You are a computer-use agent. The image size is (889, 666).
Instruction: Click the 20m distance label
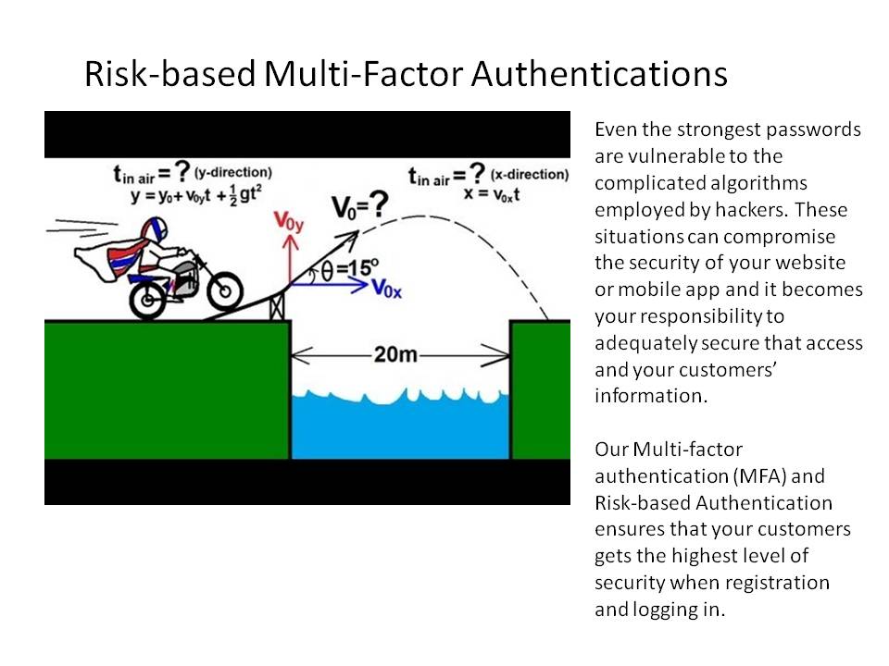click(395, 354)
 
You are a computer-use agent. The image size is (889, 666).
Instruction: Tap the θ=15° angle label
click(350, 269)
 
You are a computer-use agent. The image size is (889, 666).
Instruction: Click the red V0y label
click(289, 221)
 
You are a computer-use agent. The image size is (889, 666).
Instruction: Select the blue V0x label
click(387, 289)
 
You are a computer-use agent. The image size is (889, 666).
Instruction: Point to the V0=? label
click(359, 206)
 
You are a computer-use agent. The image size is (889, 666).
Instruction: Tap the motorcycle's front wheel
click(225, 291)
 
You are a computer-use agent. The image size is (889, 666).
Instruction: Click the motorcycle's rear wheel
click(148, 300)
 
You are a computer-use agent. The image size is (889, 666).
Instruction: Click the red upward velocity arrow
click(290, 259)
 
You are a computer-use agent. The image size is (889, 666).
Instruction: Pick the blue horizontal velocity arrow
click(329, 284)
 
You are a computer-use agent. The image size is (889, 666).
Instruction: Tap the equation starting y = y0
click(195, 195)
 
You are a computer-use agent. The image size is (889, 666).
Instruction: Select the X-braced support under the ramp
click(277, 307)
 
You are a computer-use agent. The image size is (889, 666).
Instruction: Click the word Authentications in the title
click(599, 74)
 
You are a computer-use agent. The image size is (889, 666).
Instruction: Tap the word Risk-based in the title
click(169, 74)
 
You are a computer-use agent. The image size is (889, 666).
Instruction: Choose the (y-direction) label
click(233, 172)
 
